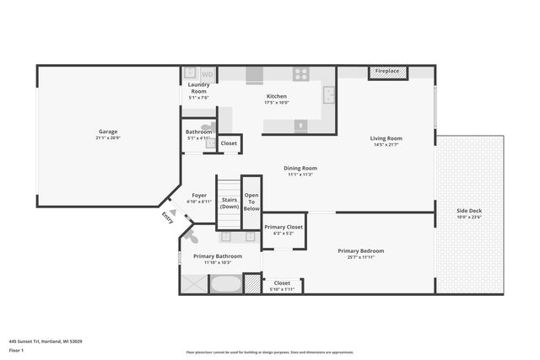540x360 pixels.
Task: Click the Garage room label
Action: click(x=108, y=132)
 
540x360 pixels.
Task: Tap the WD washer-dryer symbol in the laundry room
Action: click(x=207, y=75)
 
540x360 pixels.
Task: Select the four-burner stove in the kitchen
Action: click(x=301, y=74)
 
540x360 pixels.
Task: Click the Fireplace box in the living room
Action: click(x=387, y=72)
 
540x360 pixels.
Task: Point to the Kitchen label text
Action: click(x=277, y=97)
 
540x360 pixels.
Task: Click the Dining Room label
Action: click(x=300, y=168)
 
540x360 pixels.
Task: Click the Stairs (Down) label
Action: click(x=229, y=203)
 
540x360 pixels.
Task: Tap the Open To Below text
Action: click(x=251, y=202)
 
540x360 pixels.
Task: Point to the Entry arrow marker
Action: click(x=172, y=213)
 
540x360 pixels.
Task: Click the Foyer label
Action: click(x=199, y=196)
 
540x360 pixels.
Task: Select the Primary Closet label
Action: click(x=283, y=227)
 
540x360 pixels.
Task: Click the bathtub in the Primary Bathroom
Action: click(x=224, y=283)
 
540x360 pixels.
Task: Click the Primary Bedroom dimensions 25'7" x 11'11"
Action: click(x=361, y=257)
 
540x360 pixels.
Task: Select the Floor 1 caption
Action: click(x=17, y=349)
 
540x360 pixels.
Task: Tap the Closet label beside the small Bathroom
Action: click(x=229, y=143)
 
